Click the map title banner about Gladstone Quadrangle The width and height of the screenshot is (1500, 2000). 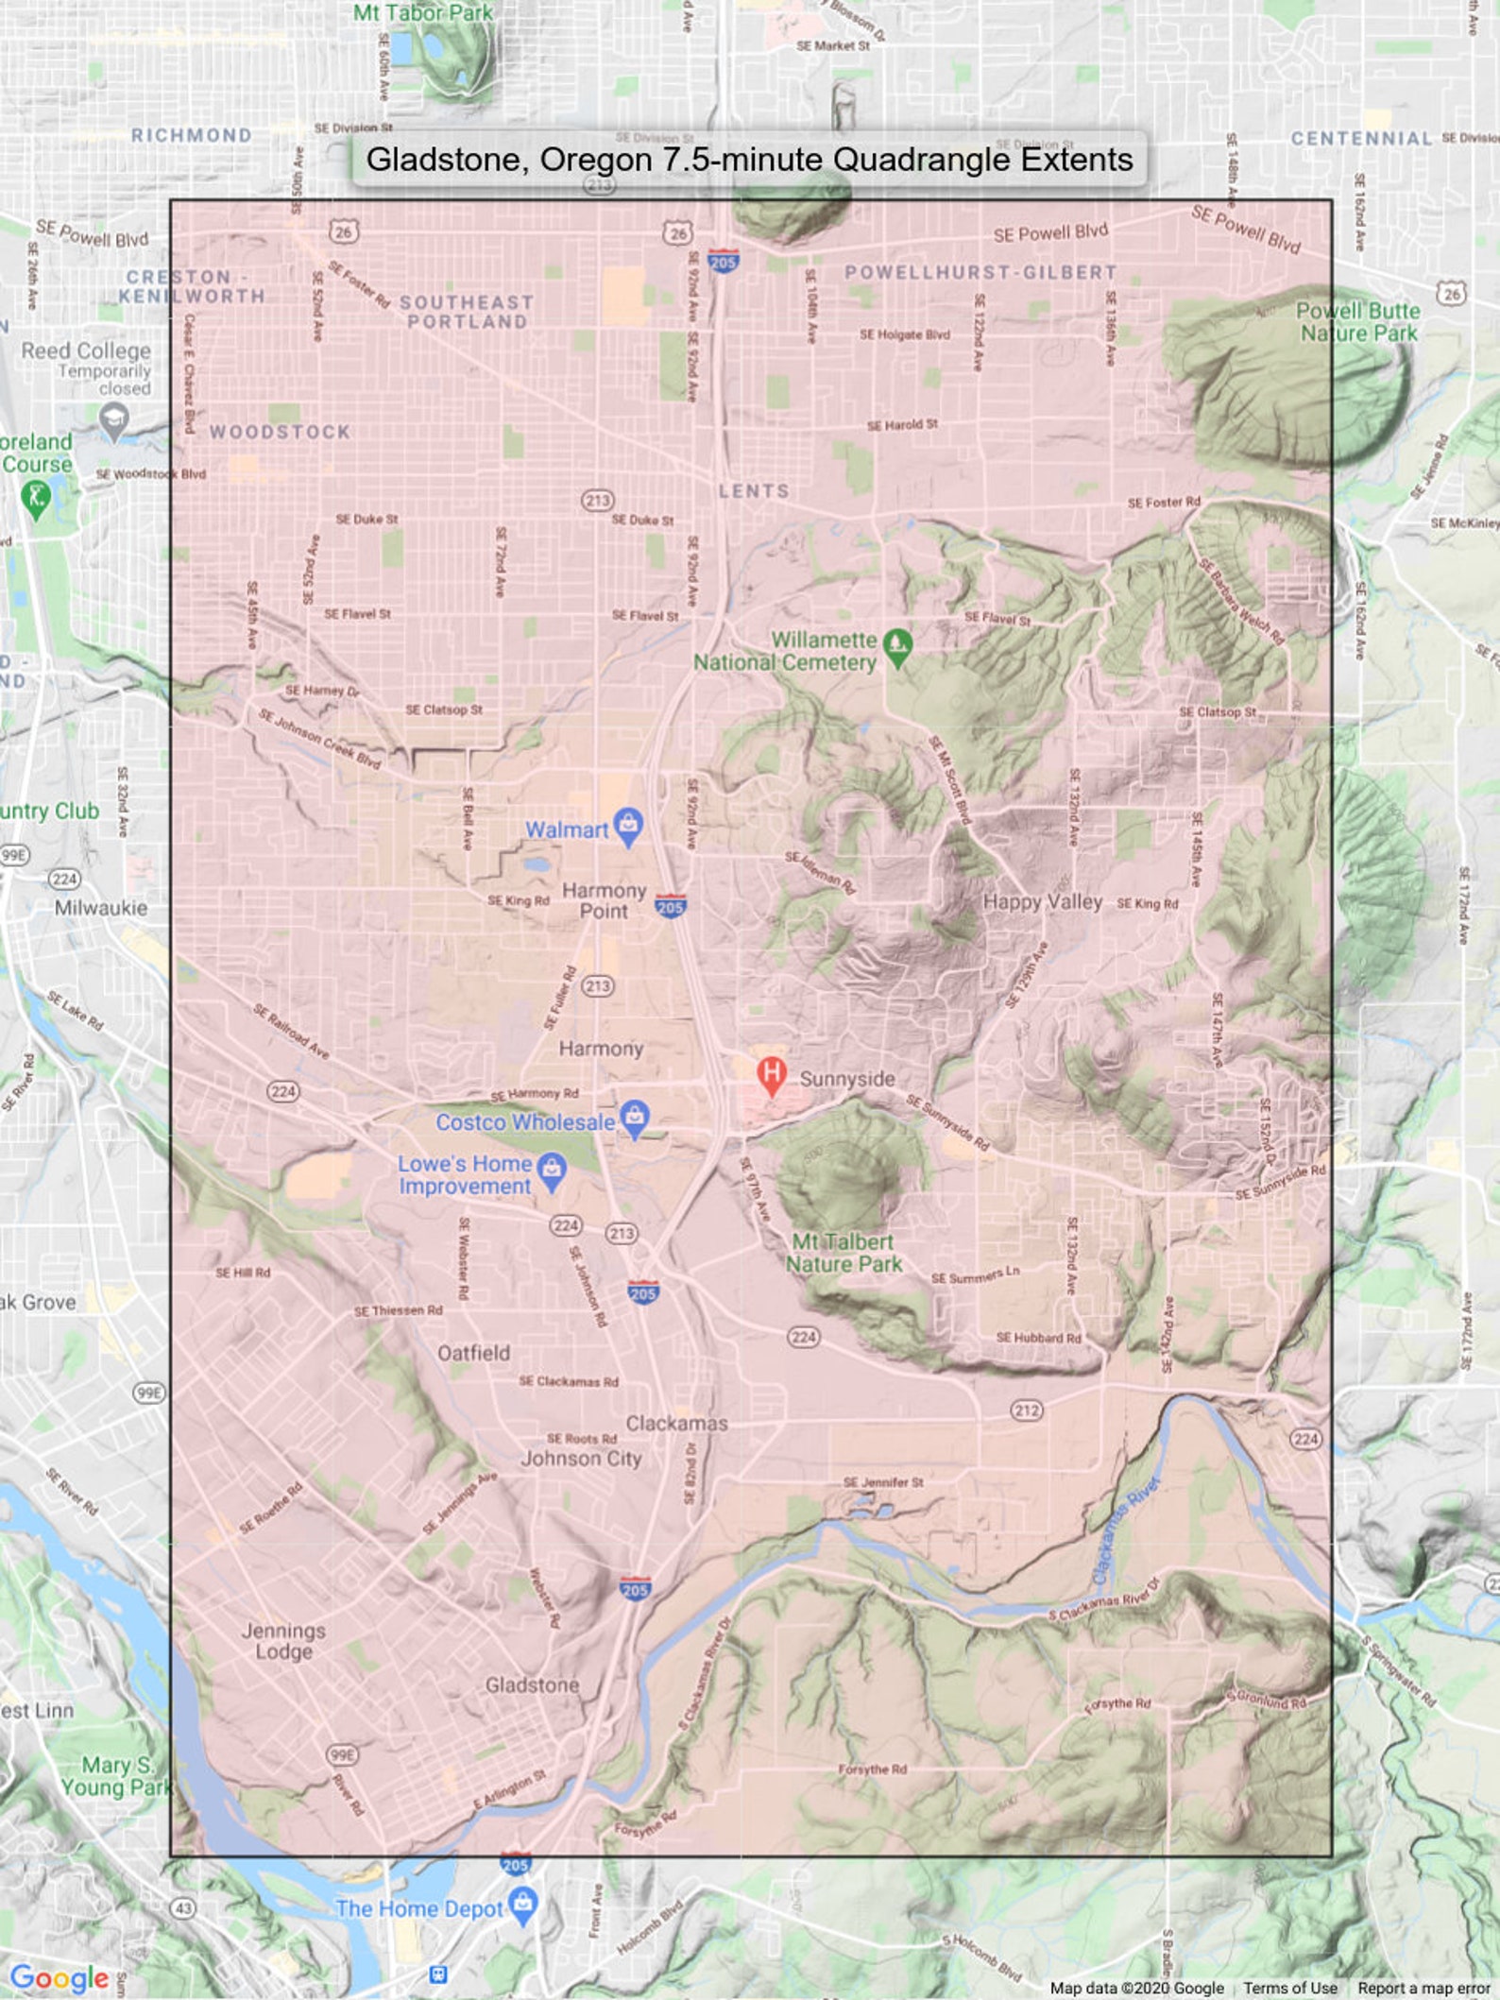tap(749, 160)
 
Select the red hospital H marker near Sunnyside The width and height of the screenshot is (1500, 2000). tap(772, 1074)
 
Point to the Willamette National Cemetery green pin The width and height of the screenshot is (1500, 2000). tap(897, 646)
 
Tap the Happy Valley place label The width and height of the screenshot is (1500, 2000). tap(1042, 901)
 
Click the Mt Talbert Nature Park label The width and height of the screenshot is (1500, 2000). tap(844, 1253)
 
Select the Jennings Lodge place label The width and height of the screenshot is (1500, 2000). tap(283, 1641)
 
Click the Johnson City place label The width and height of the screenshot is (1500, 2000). tap(581, 1459)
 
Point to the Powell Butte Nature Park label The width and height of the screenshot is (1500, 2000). tap(1358, 322)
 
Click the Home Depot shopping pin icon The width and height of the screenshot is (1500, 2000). tap(522, 1905)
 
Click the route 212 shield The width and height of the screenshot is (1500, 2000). tap(1027, 1410)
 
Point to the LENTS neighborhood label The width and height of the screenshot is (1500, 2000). tap(753, 491)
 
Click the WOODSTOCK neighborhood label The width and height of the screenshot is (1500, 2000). tap(280, 432)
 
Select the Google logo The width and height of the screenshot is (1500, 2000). tap(60, 1977)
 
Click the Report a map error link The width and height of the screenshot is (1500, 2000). tap(1423, 1988)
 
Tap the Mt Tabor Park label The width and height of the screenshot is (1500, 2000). tap(423, 13)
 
